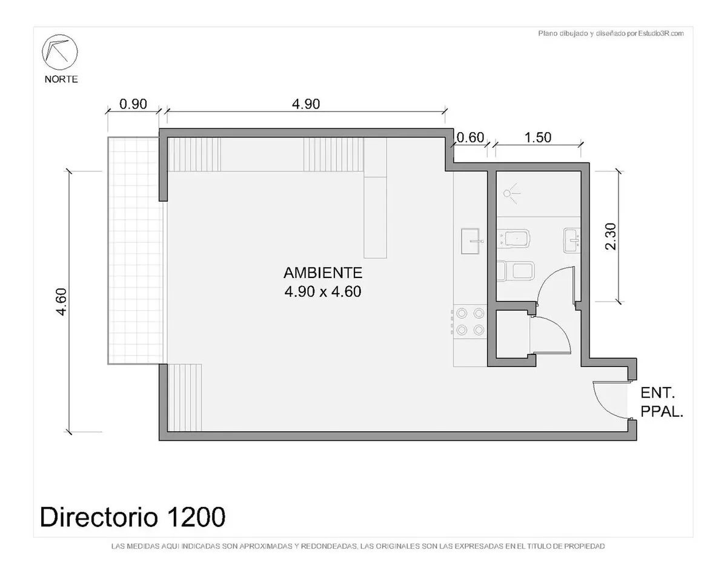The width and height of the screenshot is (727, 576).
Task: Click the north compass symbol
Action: (x=60, y=52)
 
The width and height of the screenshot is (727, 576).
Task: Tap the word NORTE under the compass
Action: (x=61, y=79)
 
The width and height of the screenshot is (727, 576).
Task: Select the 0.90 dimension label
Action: (x=133, y=104)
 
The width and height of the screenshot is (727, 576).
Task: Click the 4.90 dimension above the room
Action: (x=306, y=104)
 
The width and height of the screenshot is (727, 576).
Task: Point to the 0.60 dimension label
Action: (x=470, y=137)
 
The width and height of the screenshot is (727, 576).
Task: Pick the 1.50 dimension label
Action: (x=538, y=137)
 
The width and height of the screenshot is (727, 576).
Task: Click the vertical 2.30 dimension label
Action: (x=611, y=236)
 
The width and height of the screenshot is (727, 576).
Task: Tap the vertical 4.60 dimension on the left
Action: (x=62, y=302)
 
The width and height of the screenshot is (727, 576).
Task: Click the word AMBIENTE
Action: (x=323, y=273)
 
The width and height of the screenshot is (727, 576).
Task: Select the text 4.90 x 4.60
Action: (x=323, y=291)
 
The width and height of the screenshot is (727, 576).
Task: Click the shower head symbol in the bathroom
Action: (x=511, y=194)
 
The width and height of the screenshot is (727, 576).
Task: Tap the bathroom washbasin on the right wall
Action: (x=571, y=240)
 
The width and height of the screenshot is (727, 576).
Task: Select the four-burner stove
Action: (x=470, y=322)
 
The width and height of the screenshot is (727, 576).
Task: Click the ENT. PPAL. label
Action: (x=662, y=402)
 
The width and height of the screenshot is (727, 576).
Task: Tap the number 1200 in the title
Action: (x=196, y=517)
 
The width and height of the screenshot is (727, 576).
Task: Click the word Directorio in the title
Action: (x=99, y=517)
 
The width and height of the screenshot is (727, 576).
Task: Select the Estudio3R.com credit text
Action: (x=661, y=33)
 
